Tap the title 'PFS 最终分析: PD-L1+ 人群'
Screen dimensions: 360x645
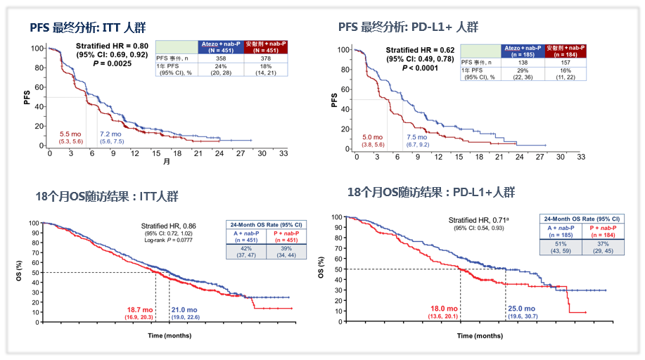(408, 27)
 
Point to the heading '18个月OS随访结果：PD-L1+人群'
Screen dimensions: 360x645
(431, 192)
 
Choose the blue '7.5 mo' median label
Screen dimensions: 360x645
(418, 137)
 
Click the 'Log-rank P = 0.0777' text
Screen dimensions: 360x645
(170, 240)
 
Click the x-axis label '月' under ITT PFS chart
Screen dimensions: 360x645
(167, 161)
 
